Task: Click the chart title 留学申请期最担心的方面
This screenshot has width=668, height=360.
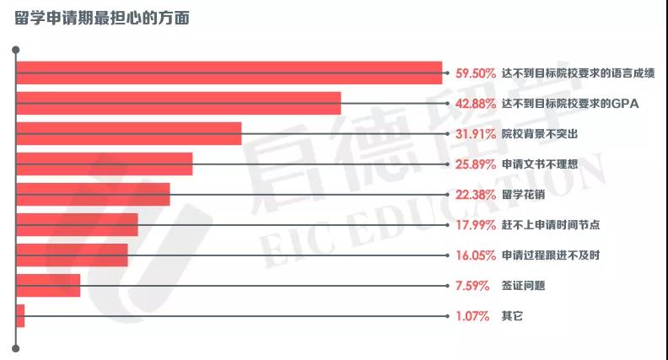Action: click(x=102, y=19)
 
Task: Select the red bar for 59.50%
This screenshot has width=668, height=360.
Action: click(x=229, y=73)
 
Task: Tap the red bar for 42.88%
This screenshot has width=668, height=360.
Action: click(x=178, y=104)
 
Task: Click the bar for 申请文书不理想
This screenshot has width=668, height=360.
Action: click(x=104, y=164)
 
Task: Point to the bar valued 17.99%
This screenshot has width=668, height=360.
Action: click(x=77, y=225)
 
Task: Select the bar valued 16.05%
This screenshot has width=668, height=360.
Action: click(x=72, y=255)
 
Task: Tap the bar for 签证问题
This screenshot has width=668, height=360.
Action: click(x=48, y=286)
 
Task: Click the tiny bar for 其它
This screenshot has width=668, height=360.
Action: click(x=20, y=316)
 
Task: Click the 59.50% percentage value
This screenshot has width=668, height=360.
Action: click(x=475, y=73)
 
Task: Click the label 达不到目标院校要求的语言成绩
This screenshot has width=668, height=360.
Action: click(x=578, y=73)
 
